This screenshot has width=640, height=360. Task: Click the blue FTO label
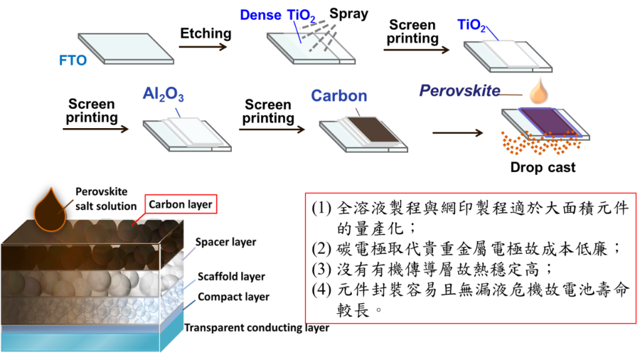(72, 61)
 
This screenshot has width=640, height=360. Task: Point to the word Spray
(349, 14)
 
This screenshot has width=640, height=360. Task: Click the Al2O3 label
(163, 94)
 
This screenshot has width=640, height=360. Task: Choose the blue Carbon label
(339, 96)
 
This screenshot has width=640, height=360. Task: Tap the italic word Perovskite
(459, 91)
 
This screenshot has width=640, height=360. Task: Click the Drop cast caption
(542, 167)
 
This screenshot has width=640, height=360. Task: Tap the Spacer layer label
(226, 242)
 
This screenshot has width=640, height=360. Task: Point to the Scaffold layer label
(231, 276)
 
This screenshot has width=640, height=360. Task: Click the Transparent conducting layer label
(256, 327)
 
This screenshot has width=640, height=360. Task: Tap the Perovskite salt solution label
(106, 199)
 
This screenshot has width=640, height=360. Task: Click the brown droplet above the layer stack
(49, 210)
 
